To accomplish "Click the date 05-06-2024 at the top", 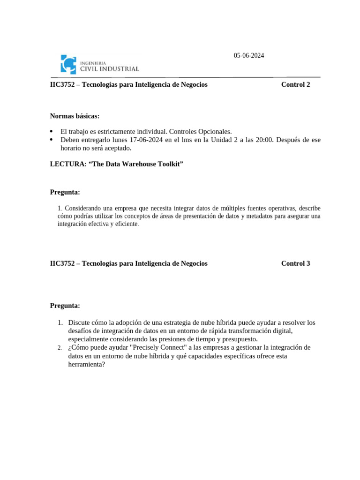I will (x=249, y=56).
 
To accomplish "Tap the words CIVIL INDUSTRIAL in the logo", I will (x=110, y=69).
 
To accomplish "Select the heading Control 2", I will (x=295, y=85).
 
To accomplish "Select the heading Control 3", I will (x=295, y=263).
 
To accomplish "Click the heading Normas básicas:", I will (x=75, y=116).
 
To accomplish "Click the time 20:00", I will (x=253, y=140).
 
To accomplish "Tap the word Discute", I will (x=79, y=322).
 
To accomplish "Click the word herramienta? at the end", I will (x=87, y=364).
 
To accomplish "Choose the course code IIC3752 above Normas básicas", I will (x=64, y=85).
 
